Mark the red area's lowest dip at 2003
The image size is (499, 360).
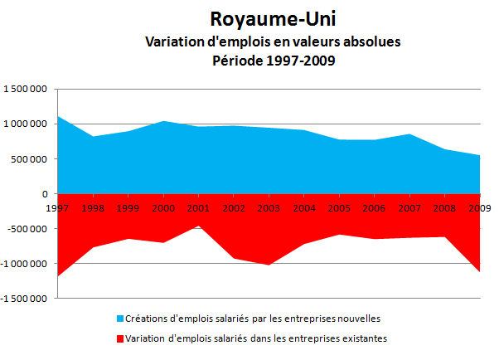[x=269, y=262]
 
